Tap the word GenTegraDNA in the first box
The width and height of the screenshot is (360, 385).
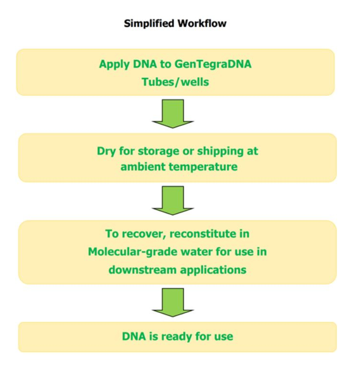coord(218,64)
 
